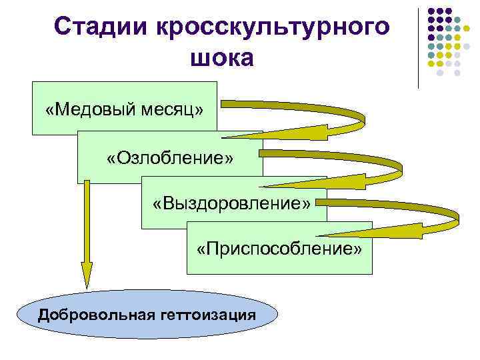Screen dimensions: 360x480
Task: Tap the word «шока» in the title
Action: click(222, 59)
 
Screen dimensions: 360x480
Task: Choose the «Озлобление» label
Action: click(170, 159)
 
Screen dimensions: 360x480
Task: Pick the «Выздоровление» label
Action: click(231, 203)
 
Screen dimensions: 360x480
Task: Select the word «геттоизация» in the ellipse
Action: click(208, 315)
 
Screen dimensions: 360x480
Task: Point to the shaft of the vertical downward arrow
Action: click(87, 220)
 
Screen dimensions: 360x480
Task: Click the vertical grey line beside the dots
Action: click(419, 47)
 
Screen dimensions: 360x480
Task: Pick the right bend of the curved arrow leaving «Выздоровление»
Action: click(455, 215)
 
